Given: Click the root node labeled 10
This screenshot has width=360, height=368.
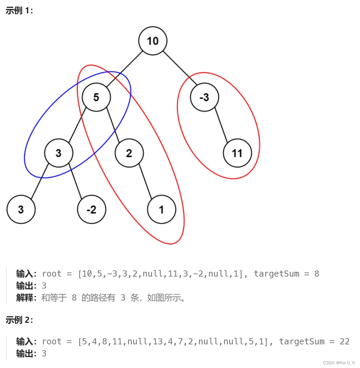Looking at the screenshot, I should coord(153,41).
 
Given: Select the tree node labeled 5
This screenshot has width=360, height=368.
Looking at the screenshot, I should coord(96,97).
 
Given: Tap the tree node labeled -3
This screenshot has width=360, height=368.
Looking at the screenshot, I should coord(204,97).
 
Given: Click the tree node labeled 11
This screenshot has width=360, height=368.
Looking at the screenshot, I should coord(237,153).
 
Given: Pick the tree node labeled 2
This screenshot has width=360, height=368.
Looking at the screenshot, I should coord(129,153).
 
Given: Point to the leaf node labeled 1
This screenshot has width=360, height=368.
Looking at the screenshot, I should coord(162,210).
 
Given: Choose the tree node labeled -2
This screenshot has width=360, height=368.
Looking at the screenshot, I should coord(91,210).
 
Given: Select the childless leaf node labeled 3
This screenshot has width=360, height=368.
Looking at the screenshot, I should coord(21,210).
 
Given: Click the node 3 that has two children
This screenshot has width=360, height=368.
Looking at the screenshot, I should coord(59,153).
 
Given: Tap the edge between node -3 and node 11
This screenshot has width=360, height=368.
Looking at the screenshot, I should coord(221,125).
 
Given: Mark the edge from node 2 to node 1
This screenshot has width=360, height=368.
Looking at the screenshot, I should coord(145,181).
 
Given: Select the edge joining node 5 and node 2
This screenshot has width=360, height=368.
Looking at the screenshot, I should coord(113,125).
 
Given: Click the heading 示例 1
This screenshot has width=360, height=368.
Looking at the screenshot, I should coord(19,11).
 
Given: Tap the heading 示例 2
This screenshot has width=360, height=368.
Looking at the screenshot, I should coord(19,320).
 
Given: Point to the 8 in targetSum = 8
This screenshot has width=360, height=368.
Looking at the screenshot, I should coord(316,274).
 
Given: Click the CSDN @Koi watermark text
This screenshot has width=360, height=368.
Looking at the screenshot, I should coord(338,363).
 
